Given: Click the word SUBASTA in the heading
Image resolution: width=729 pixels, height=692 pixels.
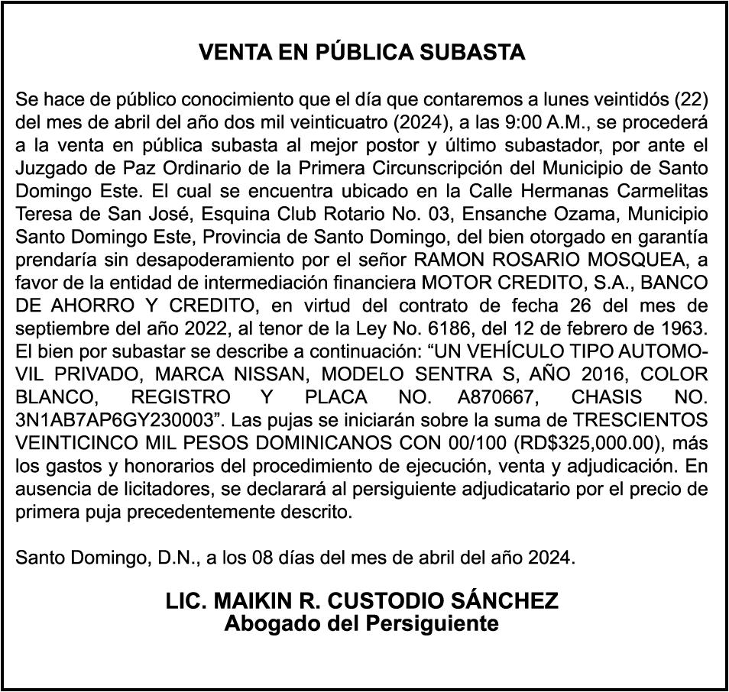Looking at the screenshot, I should click(x=475, y=53).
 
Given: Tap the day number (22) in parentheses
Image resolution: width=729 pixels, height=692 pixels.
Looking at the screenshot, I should click(x=693, y=99).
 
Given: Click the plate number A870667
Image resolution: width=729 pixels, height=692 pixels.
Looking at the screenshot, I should click(x=491, y=398).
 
